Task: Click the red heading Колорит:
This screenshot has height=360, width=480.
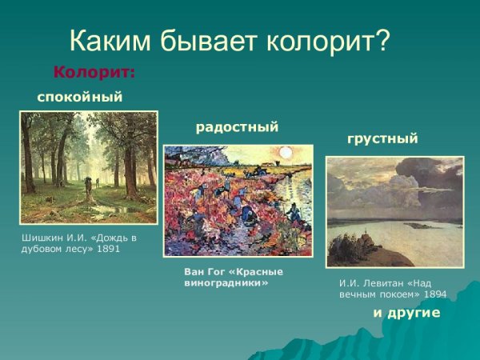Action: (94, 73)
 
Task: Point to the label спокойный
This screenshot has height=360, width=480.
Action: (79, 98)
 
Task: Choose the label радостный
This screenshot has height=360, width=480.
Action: (237, 126)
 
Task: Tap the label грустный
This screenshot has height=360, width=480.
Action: (382, 138)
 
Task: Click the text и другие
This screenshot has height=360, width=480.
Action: (406, 313)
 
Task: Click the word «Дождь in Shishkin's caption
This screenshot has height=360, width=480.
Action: (109, 238)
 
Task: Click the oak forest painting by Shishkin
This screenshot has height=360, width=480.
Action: (88, 168)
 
